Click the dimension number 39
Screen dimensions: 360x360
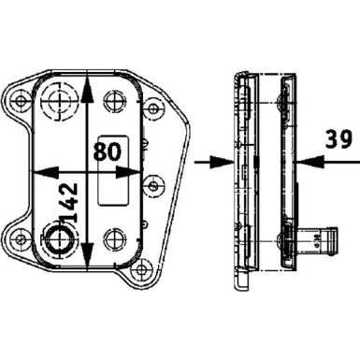tap(338, 140)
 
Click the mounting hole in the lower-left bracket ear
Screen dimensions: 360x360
tap(18, 239)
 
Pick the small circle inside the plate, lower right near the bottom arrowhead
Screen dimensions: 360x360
tap(114, 238)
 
